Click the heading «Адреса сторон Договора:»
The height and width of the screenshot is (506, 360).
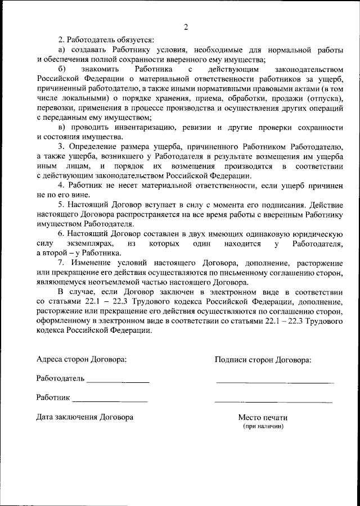[81, 359]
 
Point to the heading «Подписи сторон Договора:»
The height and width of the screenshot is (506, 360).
[263, 359]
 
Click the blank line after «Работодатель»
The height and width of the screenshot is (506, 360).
[118, 382]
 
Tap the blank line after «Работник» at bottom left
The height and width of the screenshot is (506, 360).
[110, 401]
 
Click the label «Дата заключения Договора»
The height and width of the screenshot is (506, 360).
[84, 417]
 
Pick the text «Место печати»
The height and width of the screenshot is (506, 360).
[263, 418]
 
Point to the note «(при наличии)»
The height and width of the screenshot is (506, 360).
[263, 426]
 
